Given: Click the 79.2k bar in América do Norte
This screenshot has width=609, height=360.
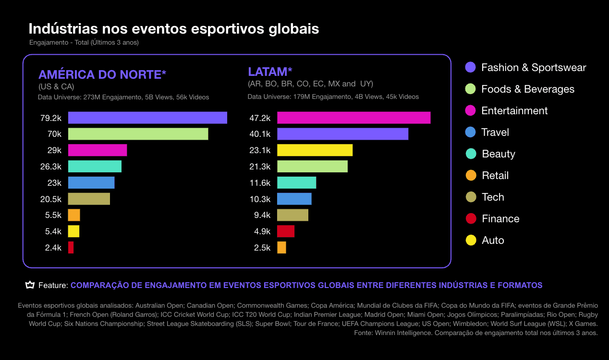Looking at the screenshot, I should point(147,118).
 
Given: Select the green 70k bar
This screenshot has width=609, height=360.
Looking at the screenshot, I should point(138,134).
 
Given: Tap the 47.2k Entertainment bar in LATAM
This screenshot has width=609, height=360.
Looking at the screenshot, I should point(353,118).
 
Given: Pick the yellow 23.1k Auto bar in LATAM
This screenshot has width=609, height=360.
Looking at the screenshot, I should point(315,150).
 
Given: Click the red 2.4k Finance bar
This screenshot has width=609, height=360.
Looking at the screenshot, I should point(71,248).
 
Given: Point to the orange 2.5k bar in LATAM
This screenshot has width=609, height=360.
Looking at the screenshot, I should point(281,248).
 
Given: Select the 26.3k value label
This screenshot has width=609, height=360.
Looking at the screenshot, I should point(51,167).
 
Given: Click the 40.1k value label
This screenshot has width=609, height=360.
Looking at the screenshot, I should point(260,134).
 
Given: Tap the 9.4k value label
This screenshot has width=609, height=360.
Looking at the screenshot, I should point(262,215).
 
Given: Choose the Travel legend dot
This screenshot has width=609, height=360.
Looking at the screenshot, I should point(471,132).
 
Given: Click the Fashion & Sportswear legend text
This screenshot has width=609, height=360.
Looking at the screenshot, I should point(534,68).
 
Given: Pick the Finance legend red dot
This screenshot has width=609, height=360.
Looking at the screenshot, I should point(471,219).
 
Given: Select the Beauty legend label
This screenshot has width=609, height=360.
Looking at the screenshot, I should point(499,154).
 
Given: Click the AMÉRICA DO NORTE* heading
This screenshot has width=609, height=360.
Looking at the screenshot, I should point(102,74).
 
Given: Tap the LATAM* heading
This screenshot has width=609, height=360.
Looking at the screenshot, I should point(270,72).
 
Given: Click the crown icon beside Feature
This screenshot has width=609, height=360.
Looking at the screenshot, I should point(30,285).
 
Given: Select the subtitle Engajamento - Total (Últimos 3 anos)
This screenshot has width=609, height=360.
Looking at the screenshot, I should point(84,42).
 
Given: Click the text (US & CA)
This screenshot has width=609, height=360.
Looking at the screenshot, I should point(56,87).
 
